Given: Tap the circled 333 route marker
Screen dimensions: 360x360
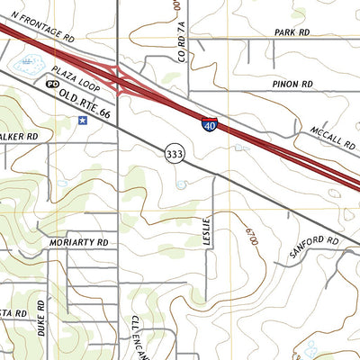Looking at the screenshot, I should pyautogui.click(x=175, y=155).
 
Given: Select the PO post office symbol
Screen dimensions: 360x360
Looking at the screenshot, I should pyautogui.click(x=51, y=83).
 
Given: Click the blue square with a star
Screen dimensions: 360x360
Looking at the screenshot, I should pyautogui.click(x=83, y=119).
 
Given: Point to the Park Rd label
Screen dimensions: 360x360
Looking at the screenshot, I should pyautogui.click(x=292, y=31).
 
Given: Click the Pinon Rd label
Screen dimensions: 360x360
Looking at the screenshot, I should pyautogui.click(x=294, y=84).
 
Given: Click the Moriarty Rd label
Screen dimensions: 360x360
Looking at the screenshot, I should pyautogui.click(x=79, y=243).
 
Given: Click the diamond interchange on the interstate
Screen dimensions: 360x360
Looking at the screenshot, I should pyautogui.click(x=121, y=78).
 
